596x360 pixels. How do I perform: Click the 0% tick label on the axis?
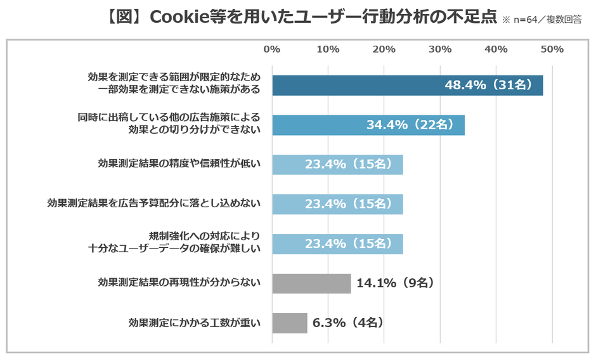[x=271, y=49]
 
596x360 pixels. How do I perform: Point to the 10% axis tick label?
[x=327, y=49]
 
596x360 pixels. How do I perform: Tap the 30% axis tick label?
[x=440, y=49]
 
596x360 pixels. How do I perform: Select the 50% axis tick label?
[x=552, y=49]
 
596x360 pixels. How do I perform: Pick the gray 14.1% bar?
[x=311, y=283]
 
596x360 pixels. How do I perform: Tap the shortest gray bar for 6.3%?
[x=290, y=323]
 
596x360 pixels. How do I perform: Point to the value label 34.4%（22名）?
[x=410, y=125]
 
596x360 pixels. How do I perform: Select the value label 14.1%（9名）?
[x=395, y=283]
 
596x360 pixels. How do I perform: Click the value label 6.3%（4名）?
[x=349, y=323]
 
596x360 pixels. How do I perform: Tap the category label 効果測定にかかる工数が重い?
[x=194, y=323]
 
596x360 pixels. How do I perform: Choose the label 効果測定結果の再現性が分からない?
[x=179, y=283]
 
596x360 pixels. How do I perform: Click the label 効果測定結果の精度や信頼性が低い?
[x=179, y=164]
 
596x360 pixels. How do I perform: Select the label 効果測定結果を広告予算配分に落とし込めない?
[x=154, y=204]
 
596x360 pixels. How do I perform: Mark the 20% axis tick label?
[x=384, y=49]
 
